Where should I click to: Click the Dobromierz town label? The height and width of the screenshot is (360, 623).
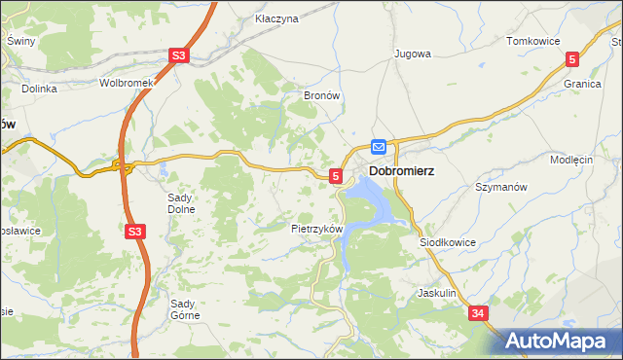401,170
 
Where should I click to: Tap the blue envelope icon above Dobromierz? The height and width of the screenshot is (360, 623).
379,147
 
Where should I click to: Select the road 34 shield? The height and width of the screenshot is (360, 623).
478,313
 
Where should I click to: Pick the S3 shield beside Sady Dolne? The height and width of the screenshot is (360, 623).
135,232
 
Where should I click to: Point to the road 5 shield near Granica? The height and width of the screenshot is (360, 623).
573,59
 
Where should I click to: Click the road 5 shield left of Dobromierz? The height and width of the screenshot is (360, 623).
336,176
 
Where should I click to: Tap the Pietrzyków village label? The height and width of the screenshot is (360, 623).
317,229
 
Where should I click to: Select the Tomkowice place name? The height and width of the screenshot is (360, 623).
531,41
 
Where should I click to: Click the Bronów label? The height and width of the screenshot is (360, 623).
321,96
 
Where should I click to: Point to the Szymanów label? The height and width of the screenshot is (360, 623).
500,186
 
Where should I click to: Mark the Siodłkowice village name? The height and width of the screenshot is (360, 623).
447,241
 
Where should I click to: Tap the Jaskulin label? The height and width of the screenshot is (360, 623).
437,292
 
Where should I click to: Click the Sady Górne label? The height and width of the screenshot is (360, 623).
185,308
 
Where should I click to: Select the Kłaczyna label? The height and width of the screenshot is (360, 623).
275,18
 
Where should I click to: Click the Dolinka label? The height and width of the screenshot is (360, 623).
40,89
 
